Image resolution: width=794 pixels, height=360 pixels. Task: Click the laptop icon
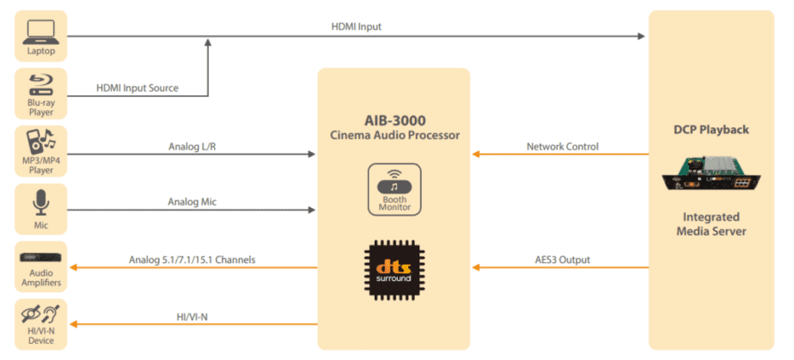[x=40, y=33]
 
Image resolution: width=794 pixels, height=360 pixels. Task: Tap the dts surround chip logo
[x=394, y=266]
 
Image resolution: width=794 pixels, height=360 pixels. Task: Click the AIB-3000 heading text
[x=394, y=119]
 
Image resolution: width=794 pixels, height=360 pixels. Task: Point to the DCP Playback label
[x=712, y=130]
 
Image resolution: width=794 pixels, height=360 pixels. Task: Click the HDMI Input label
[x=357, y=27]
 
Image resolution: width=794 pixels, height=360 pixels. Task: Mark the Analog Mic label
[x=192, y=202]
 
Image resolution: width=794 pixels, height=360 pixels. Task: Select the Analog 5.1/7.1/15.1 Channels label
[x=192, y=259]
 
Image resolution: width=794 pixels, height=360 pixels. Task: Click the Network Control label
[x=562, y=146]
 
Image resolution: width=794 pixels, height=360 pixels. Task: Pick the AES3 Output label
[x=562, y=259]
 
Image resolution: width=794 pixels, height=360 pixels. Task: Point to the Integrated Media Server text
[x=712, y=223]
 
